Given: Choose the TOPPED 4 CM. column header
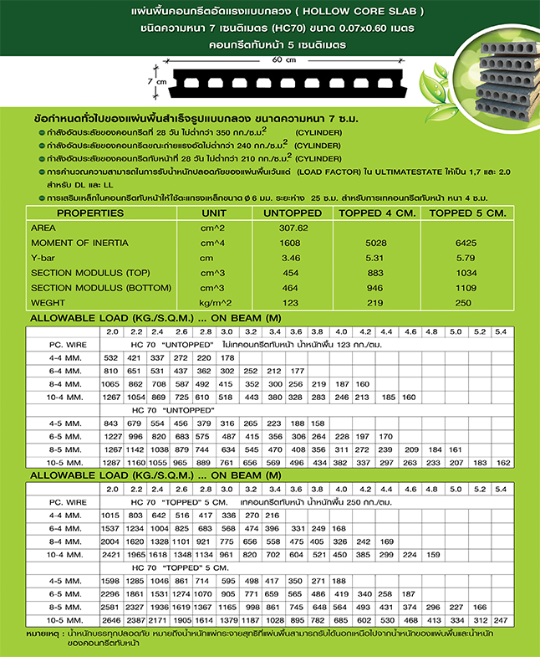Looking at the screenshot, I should click(374, 213).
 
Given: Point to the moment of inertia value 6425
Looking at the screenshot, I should click(465, 243).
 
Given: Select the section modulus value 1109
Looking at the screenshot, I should click(465, 288).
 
